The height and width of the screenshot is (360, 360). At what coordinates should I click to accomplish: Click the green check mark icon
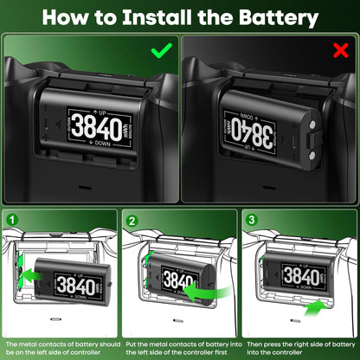pos(161,50)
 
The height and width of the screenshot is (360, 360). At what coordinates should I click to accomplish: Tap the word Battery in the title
pos(269,17)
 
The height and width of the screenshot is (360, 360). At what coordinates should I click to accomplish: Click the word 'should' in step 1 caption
pos(99,344)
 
